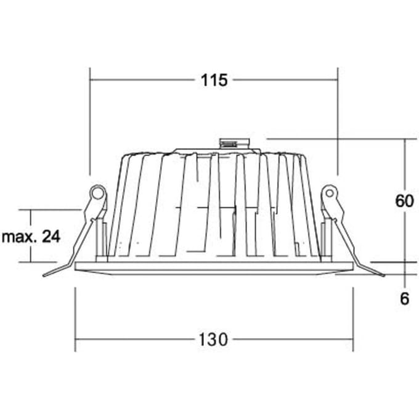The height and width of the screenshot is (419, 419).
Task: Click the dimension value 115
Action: coord(214,80)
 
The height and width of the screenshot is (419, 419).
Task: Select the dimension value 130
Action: coord(213,340)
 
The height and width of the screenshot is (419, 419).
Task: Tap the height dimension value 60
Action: coord(404,201)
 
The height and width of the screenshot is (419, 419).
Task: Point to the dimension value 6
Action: coord(405,298)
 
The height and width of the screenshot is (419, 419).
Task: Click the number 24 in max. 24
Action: coord(51,237)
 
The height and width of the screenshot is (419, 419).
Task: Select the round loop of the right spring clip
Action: coord(330,193)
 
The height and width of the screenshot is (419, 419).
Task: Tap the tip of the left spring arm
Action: coord(44,275)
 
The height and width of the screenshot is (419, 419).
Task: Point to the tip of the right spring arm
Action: coord(384,275)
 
